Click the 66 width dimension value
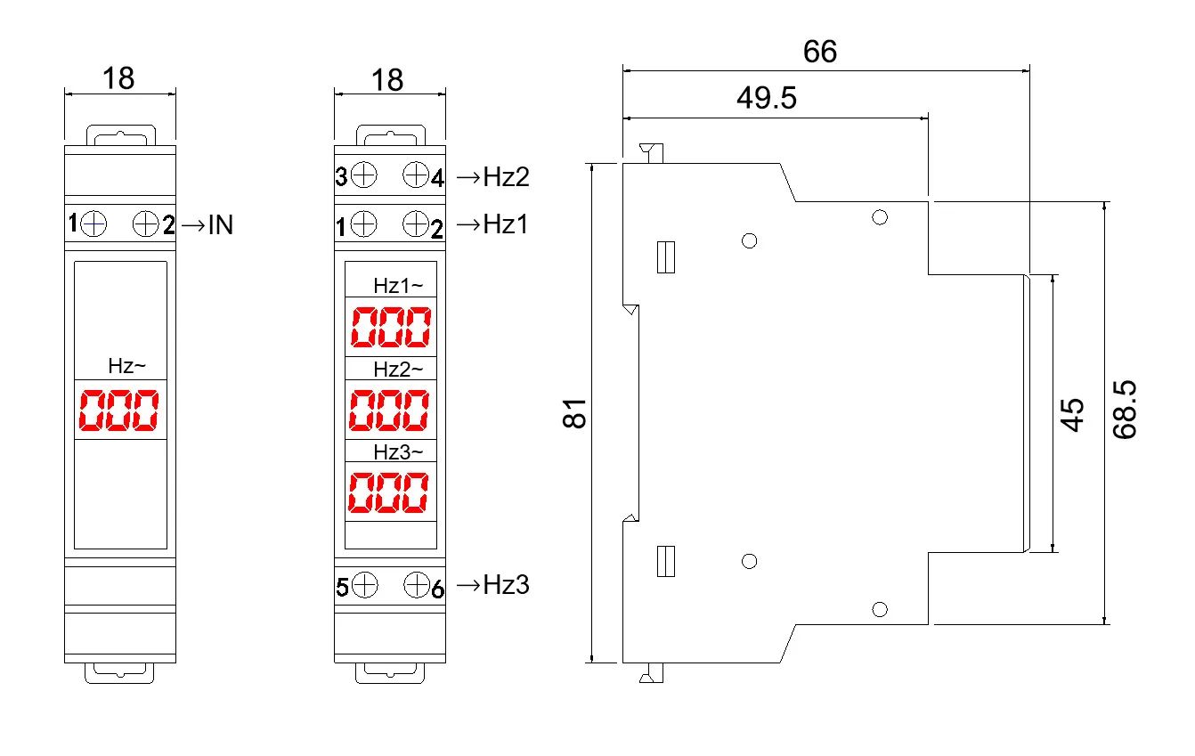819,52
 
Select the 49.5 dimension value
767,98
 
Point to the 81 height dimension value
577,413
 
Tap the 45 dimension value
1074,414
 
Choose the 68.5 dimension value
1126,412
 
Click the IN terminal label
218,225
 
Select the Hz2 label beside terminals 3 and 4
505,177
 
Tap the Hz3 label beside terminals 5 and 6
505,585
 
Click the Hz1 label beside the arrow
505,224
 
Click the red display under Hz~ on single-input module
119,411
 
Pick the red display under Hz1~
390,328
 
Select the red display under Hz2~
388,410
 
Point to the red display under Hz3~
388,492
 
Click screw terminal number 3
363,175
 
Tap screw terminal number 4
416,175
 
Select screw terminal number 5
363,585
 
